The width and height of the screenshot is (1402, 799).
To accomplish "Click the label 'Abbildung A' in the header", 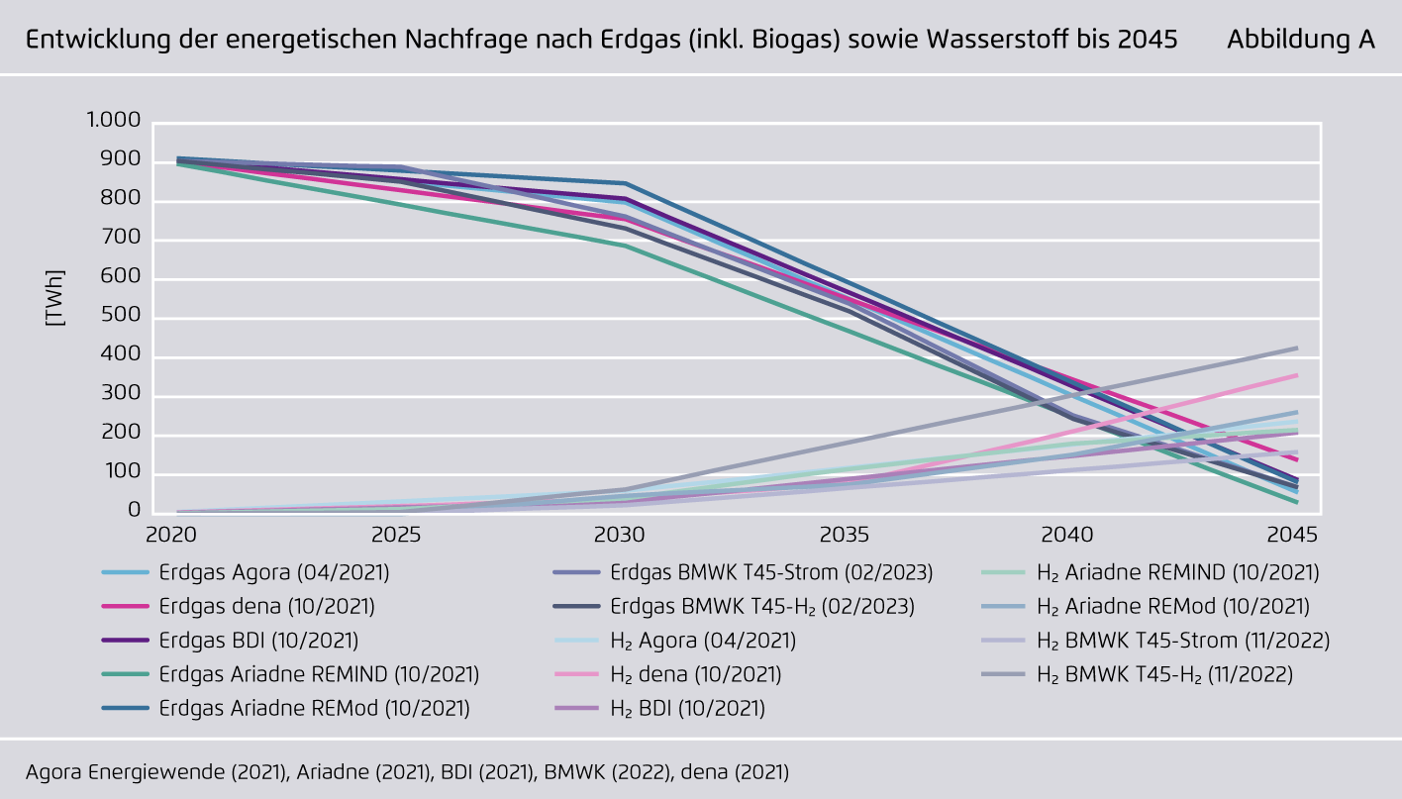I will click(1300, 40).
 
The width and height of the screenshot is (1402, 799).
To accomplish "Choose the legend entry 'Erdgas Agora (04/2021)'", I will click(273, 572).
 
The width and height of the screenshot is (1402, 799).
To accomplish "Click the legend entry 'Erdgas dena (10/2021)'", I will click(266, 606).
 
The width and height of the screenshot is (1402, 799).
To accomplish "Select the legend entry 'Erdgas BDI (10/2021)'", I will click(258, 641).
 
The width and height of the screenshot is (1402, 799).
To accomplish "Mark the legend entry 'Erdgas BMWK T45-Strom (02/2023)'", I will click(771, 572).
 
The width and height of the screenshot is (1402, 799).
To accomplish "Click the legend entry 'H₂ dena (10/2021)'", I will click(695, 675).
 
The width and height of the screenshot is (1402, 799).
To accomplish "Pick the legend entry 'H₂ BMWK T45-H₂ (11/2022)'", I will click(1164, 675).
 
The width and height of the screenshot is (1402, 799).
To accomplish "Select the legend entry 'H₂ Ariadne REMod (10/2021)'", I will click(1172, 606).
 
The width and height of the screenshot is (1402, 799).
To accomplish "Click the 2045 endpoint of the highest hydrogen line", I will click(1297, 348).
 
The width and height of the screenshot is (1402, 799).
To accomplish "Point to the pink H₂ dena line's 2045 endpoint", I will click(1297, 375).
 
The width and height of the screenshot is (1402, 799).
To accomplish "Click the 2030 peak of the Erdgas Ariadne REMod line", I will click(625, 183).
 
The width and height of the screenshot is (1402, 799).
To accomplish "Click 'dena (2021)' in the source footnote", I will click(734, 771).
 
